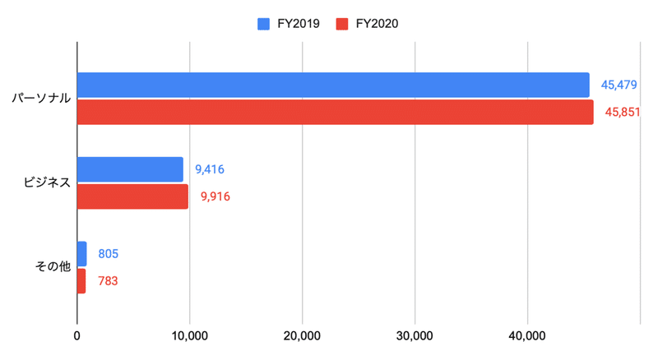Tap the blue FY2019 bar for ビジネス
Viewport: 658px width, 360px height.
point(130,169)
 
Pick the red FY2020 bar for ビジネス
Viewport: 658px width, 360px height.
point(132,196)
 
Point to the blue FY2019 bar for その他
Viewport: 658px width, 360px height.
point(81,254)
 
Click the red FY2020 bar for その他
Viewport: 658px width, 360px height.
point(81,281)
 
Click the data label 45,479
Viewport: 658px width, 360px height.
point(620,85)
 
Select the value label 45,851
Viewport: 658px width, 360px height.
point(623,112)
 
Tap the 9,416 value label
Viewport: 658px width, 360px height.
point(210,169)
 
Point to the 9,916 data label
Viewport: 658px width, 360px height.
point(215,196)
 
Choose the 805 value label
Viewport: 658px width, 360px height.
point(108,254)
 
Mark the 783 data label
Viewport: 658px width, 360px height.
point(107,281)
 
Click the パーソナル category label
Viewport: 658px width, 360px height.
point(40,99)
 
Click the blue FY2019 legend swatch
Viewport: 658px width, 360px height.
point(264,24)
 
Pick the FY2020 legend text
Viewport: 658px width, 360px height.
point(378,24)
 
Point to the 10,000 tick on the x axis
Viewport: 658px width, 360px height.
point(189,335)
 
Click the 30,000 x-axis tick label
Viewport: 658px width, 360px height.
point(415,335)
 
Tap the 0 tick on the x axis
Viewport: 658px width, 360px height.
point(76,335)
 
